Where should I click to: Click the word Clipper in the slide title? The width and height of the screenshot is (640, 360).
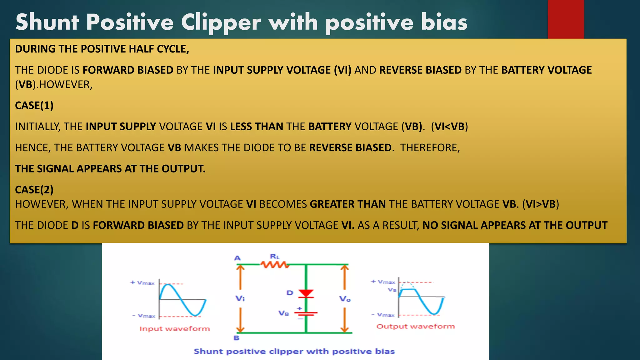point(221,22)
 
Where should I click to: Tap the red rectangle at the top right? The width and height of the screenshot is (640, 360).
point(566,19)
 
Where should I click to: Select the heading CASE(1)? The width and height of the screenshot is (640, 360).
point(34,106)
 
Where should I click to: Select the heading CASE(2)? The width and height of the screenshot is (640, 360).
point(34,190)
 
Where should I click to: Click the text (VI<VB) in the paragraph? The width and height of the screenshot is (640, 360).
point(449,127)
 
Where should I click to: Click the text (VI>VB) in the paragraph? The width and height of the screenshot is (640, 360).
point(541,204)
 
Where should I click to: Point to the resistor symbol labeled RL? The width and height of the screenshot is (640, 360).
point(275,265)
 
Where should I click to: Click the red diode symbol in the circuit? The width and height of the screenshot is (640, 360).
point(306,293)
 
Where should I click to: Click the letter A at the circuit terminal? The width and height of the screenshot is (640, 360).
point(237,258)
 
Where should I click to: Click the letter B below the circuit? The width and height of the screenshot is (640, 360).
point(237,338)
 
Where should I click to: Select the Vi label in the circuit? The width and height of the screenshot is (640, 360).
point(240,298)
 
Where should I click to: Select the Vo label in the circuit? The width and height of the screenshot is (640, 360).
point(345,299)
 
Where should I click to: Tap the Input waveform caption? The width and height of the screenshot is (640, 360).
point(174,329)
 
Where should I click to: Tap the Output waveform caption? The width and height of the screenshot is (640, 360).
point(415,326)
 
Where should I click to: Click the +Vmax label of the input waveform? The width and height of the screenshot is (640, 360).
point(142,283)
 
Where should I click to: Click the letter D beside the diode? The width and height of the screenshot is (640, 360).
point(290,293)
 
